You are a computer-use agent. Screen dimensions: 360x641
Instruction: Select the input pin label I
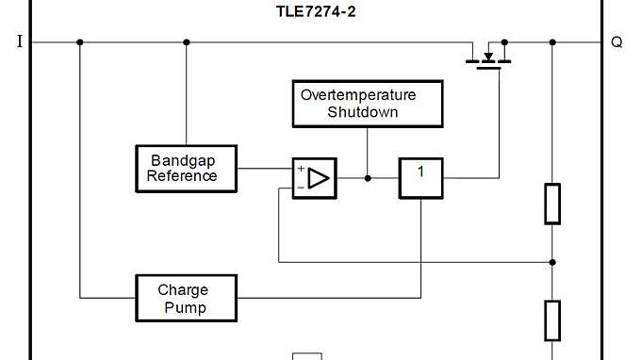(x=19, y=42)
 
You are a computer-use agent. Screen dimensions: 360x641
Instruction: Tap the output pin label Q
(x=616, y=42)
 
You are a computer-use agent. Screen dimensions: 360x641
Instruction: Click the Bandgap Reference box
(x=185, y=168)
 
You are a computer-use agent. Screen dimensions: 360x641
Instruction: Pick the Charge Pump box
(x=185, y=298)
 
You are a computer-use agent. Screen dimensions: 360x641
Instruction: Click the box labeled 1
(x=420, y=177)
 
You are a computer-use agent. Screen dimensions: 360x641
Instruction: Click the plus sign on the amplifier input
(x=301, y=169)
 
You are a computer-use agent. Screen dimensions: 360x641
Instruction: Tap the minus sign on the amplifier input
(x=301, y=187)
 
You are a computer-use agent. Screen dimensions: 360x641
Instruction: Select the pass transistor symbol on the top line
(x=487, y=56)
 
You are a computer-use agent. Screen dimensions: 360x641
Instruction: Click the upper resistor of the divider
(x=552, y=204)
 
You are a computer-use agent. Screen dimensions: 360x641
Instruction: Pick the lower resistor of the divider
(x=552, y=320)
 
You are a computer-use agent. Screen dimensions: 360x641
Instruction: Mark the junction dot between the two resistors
(x=552, y=262)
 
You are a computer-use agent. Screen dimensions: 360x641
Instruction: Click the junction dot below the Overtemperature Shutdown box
(x=368, y=177)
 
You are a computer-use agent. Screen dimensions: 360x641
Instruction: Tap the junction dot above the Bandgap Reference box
(x=186, y=42)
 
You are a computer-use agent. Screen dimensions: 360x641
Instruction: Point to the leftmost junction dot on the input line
(x=80, y=42)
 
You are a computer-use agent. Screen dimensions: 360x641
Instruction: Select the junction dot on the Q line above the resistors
(x=552, y=42)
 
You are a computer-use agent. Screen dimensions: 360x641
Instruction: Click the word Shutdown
(x=362, y=112)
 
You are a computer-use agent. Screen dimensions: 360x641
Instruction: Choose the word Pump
(x=183, y=307)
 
